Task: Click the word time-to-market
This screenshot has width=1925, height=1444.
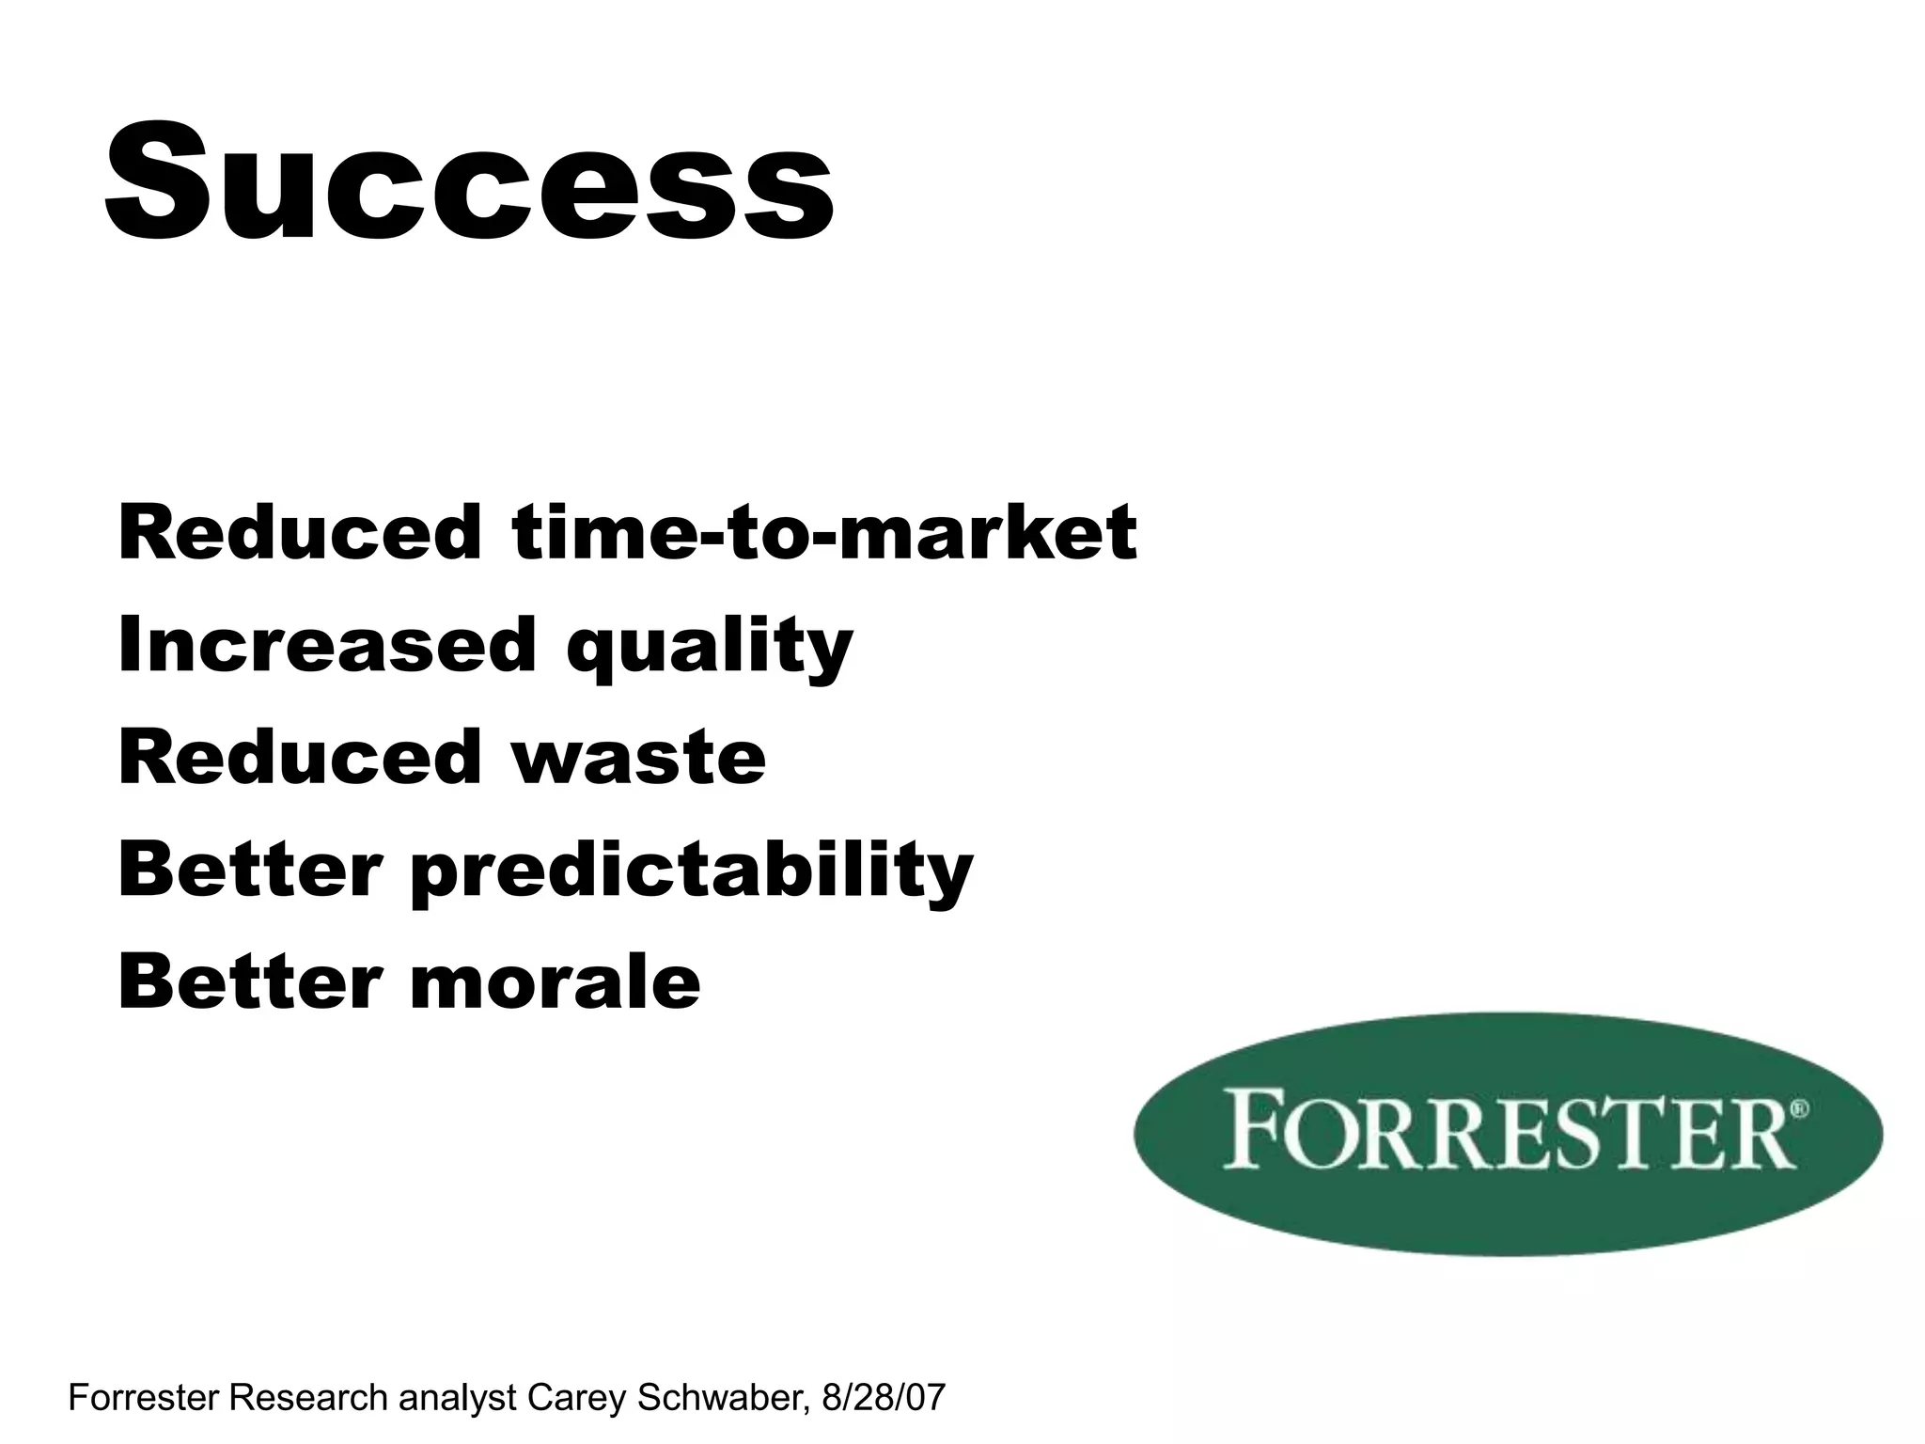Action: [x=824, y=533]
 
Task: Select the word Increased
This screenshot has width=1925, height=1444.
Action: [x=326, y=645]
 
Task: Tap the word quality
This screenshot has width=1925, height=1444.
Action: [x=710, y=649]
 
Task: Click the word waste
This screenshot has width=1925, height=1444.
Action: [x=639, y=757]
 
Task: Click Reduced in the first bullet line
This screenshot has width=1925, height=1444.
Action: [x=299, y=533]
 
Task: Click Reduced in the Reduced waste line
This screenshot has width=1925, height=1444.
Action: [x=299, y=757]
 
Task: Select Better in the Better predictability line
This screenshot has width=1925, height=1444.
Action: [x=250, y=870]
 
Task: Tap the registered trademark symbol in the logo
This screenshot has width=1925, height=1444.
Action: [x=1799, y=1108]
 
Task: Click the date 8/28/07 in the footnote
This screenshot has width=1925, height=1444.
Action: [x=883, y=1398]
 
